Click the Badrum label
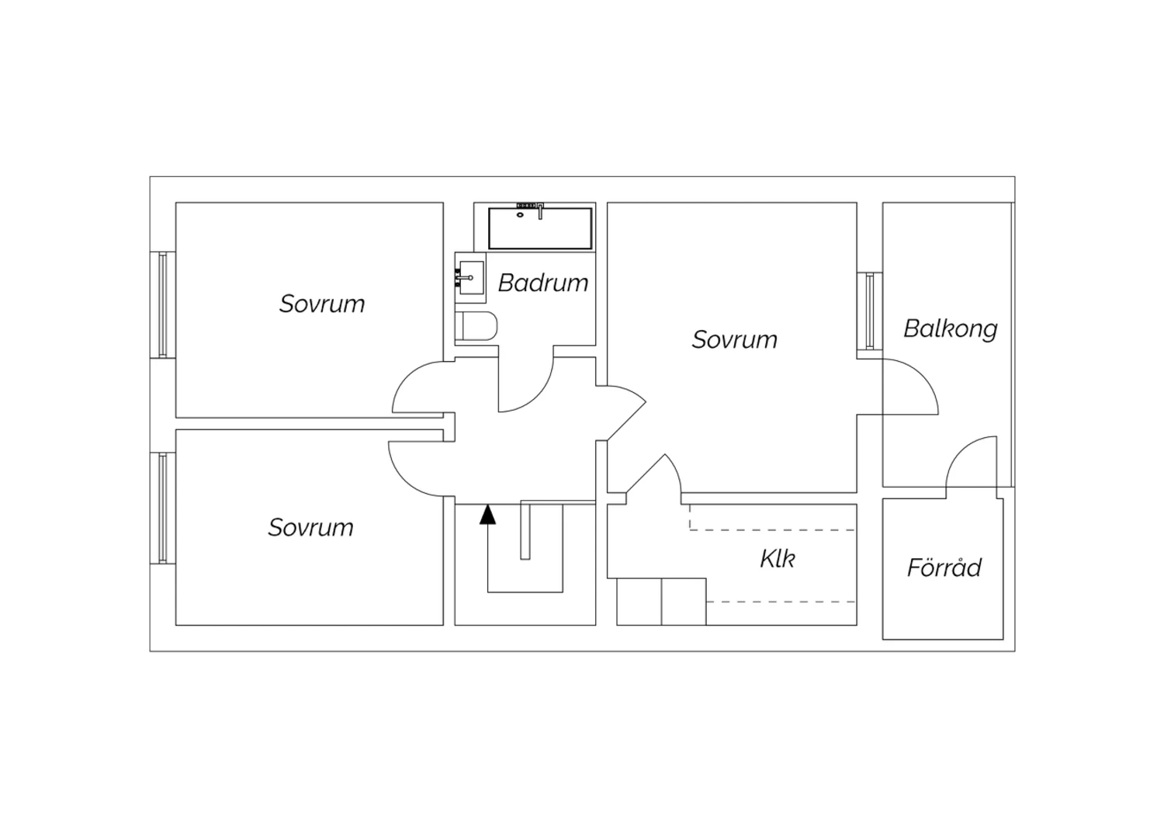[542, 283]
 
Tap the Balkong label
[950, 328]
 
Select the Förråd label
[944, 568]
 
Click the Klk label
[777, 559]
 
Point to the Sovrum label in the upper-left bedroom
[322, 304]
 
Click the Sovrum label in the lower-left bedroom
[310, 527]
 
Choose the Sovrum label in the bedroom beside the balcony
[734, 339]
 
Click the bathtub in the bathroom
[540, 228]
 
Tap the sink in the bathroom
[469, 277]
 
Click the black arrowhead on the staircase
[487, 514]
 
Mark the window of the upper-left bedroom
[162, 304]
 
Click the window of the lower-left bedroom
[162, 508]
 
